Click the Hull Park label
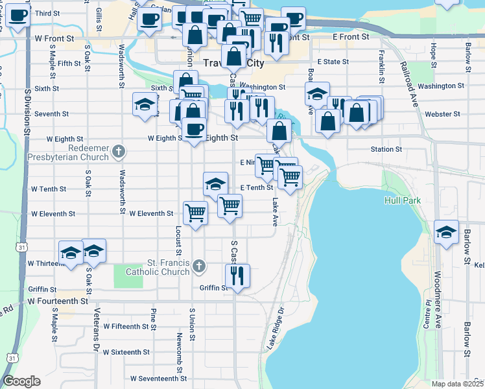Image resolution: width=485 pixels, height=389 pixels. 403,201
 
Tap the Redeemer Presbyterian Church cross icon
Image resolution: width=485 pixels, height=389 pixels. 118,152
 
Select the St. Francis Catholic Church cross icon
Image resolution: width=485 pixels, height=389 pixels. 199,265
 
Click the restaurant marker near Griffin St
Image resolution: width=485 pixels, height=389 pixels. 237,276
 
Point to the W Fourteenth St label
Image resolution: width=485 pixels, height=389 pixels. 58,301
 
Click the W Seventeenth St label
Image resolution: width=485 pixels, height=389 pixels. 158,378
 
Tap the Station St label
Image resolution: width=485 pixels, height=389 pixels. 386,149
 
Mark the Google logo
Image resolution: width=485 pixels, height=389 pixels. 21,381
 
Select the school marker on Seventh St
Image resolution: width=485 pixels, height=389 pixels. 145,104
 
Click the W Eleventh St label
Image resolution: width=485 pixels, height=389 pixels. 151,213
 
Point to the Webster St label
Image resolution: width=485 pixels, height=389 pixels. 442,114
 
